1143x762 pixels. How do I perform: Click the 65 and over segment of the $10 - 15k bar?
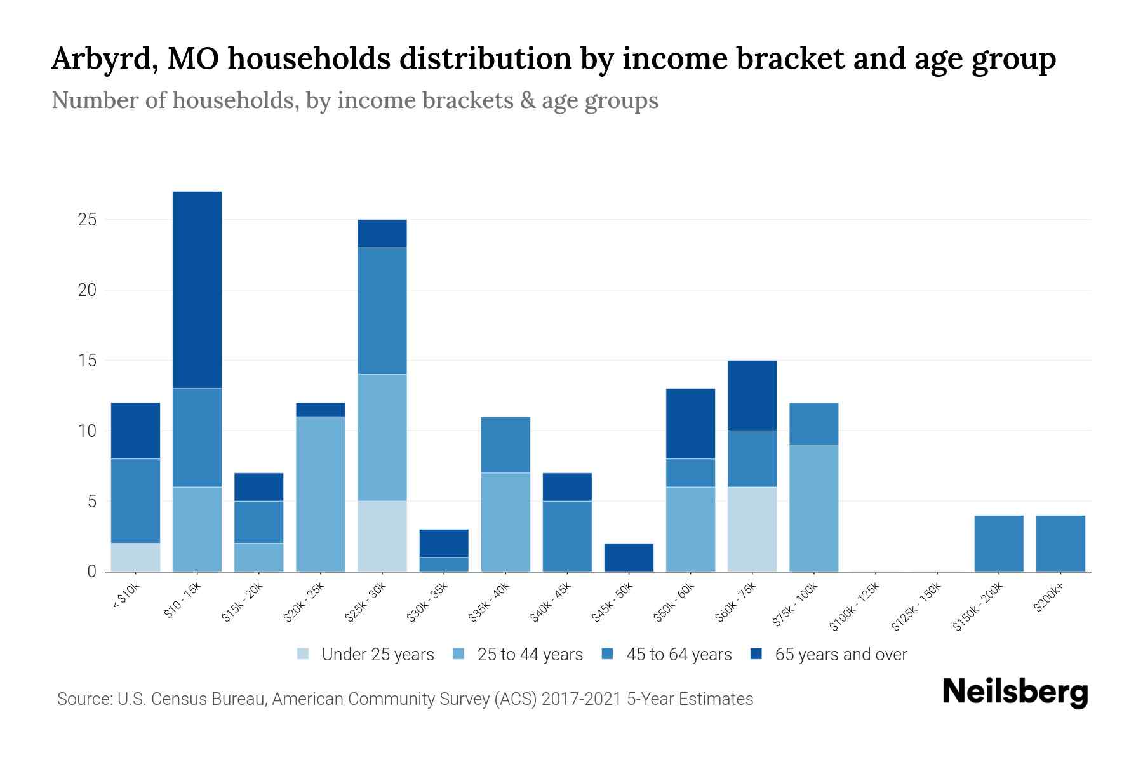(197, 290)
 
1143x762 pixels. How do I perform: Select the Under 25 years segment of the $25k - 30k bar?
(382, 536)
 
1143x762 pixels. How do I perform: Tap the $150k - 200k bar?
(999, 543)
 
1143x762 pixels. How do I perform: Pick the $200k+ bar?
(1060, 543)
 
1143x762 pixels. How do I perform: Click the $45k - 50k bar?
(629, 557)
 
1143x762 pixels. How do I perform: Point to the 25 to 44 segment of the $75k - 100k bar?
(814, 508)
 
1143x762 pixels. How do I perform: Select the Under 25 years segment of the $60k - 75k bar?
(752, 529)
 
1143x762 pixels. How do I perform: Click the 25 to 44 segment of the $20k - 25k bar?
(321, 494)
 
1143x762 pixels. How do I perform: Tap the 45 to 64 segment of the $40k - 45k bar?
(567, 536)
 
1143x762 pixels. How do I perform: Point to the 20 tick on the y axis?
(87, 290)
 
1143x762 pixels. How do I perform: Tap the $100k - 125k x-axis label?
(855, 608)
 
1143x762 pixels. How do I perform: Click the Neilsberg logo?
(1015, 692)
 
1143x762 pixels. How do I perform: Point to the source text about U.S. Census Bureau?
(405, 699)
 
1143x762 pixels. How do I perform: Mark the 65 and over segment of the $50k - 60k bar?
(690, 423)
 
